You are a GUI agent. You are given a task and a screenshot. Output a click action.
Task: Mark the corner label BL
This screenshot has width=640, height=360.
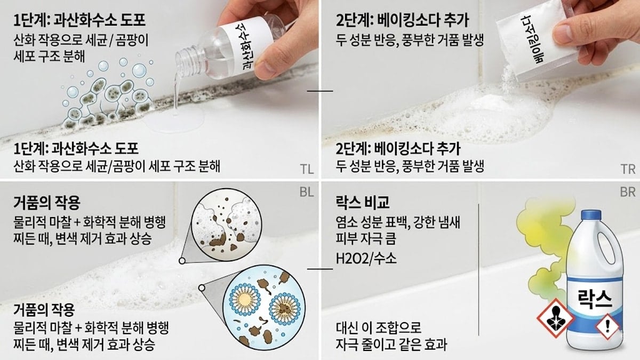pyautogui.click(x=305, y=190)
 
